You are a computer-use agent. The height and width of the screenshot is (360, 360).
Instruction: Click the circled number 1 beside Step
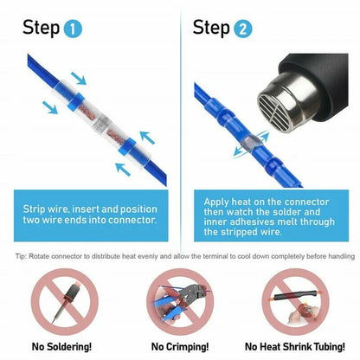(x=74, y=29)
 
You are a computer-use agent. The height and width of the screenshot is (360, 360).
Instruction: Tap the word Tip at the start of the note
(x=22, y=256)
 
